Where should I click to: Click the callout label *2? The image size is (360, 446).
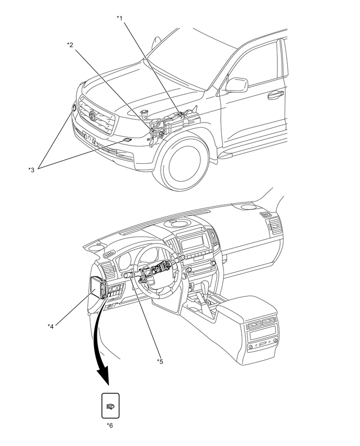70,45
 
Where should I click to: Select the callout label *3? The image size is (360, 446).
31,169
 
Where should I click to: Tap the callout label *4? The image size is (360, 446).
51,326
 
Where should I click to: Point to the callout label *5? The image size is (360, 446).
160,361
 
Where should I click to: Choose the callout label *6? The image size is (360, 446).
109,425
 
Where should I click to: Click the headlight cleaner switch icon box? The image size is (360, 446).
110,405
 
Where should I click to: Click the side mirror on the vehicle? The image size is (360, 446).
237,85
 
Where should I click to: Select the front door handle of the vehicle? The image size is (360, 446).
275,95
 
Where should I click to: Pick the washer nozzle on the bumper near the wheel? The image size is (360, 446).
127,140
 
